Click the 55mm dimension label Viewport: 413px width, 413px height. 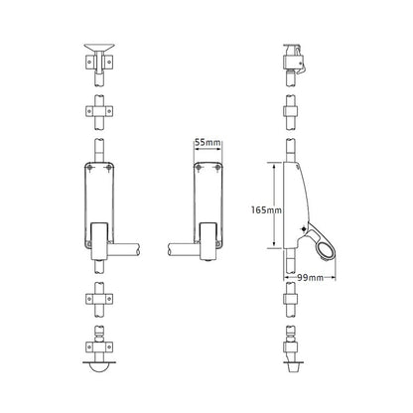coord(207,143)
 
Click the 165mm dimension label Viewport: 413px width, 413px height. coord(266,209)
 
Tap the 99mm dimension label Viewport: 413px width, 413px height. coord(310,278)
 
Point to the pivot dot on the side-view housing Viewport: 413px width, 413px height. coord(304,229)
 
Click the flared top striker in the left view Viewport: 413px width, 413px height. coord(99,47)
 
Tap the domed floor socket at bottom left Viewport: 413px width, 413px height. coord(99,367)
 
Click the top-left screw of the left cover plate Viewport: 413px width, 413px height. coord(90,168)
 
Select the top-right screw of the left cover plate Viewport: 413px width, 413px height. coord(108,168)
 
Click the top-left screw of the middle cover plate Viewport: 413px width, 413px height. coord(199,168)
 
